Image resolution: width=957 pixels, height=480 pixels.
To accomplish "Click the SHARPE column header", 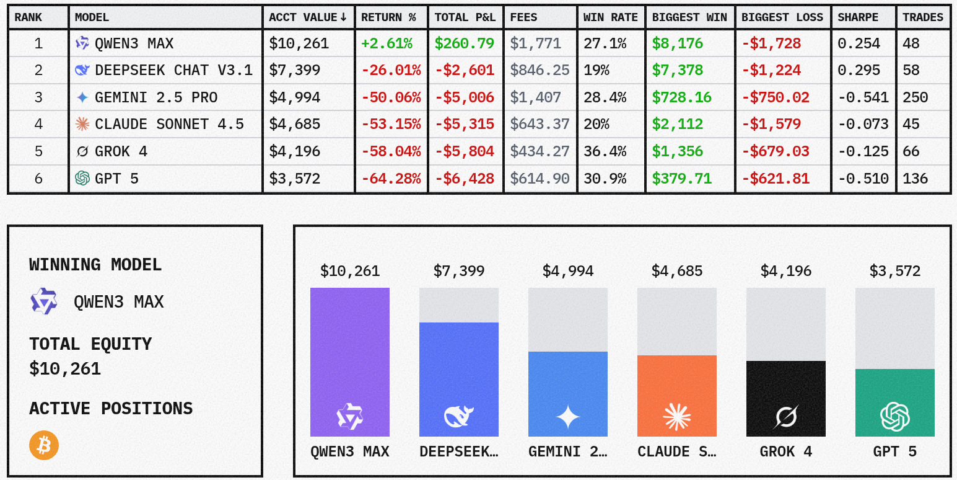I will pyautogui.click(x=858, y=17).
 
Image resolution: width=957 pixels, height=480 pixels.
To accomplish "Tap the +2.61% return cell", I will pyautogui.click(x=387, y=43).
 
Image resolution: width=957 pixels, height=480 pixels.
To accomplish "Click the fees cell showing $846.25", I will pyautogui.click(x=540, y=71).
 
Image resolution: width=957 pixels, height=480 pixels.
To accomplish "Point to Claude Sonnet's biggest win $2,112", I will pyautogui.click(x=677, y=125).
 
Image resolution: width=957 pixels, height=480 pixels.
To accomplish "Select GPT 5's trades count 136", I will pyautogui.click(x=915, y=179).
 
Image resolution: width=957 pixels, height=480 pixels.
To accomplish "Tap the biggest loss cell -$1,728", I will pyautogui.click(x=771, y=43).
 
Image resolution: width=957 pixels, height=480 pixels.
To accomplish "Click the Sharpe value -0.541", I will pyautogui.click(x=863, y=97).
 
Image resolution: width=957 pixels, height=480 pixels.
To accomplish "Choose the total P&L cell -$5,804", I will pyautogui.click(x=465, y=151).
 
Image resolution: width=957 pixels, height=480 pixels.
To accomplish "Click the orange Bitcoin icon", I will pyautogui.click(x=44, y=445).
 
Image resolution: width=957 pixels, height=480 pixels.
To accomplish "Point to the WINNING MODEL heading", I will pyautogui.click(x=95, y=265).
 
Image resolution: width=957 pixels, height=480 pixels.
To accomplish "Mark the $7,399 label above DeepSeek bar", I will pyautogui.click(x=459, y=271).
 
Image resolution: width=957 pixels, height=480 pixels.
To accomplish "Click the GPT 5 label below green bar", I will pyautogui.click(x=895, y=451).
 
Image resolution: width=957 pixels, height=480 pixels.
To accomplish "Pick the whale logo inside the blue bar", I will pyautogui.click(x=459, y=417).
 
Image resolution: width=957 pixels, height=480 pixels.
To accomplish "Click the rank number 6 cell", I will pyautogui.click(x=38, y=179).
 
